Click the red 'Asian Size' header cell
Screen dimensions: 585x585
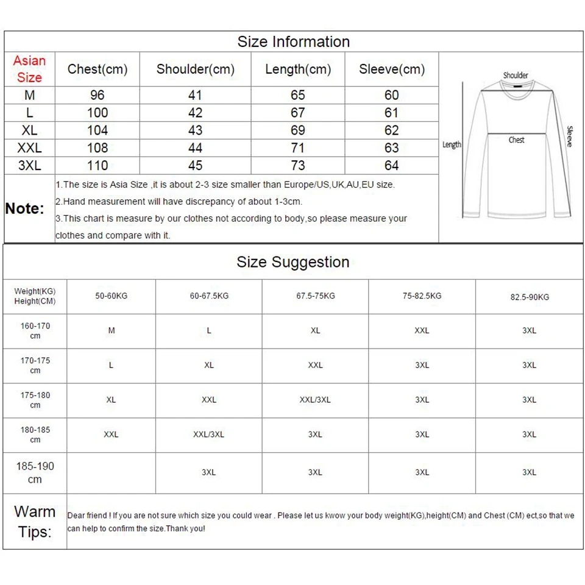pos(29,69)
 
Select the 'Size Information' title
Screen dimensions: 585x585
pos(293,41)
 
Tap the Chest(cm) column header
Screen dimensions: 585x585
pos(97,69)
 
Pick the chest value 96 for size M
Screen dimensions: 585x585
pos(97,95)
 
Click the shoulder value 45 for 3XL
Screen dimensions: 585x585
pos(195,165)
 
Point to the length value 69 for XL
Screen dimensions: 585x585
pos(298,130)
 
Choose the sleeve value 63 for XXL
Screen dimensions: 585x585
pos(391,148)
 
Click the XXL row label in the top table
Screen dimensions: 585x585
pos(29,148)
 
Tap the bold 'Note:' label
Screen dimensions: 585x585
pos(25,208)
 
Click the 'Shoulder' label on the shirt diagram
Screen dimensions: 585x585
pos(516,76)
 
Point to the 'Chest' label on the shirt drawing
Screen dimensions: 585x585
pos(516,140)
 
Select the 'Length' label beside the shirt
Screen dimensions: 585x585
pos(452,144)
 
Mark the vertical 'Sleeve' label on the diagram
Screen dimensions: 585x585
pos(570,136)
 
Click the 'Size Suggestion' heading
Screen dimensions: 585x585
pos(293,262)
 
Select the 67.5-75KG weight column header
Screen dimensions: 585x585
pos(315,296)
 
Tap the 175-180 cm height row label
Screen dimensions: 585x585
pos(35,400)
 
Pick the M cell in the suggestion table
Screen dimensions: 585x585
pos(111,331)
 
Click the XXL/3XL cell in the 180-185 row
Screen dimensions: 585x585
pos(208,434)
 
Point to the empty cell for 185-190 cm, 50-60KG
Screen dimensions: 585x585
pos(111,472)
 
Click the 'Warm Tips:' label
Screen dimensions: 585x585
pos(35,522)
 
